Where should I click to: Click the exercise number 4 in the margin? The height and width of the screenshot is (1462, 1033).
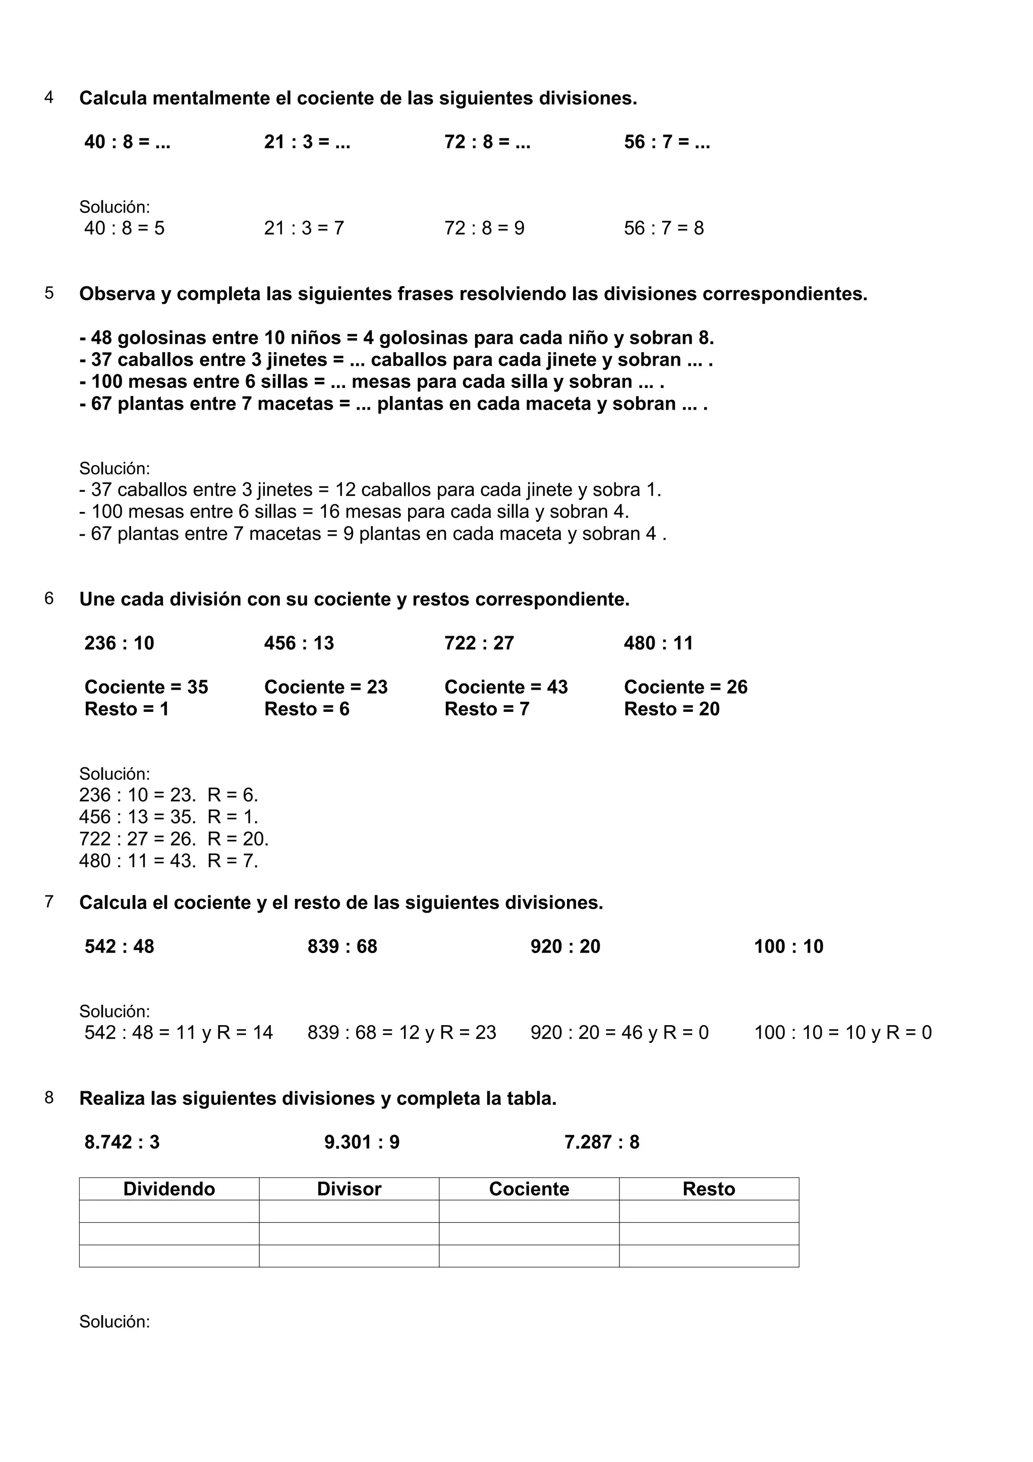tap(49, 97)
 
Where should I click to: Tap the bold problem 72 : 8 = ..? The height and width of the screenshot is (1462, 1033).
tap(487, 142)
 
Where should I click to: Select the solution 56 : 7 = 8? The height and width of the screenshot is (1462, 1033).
tap(664, 228)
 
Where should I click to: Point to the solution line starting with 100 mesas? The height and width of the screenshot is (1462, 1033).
tap(354, 512)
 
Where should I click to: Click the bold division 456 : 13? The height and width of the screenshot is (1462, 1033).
tap(299, 643)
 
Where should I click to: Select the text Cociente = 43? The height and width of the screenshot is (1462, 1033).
tap(506, 687)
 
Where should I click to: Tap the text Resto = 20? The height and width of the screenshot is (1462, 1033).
tap(671, 709)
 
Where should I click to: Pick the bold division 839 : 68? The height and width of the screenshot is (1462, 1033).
tap(342, 946)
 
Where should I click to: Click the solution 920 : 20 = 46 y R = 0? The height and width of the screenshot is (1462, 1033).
tap(619, 1032)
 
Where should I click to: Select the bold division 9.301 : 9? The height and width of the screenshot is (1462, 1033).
tap(362, 1142)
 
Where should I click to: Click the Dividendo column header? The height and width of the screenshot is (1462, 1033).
tap(169, 1189)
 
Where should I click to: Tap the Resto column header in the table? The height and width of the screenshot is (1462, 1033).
tap(708, 1189)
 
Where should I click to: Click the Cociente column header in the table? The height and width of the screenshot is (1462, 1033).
tap(529, 1189)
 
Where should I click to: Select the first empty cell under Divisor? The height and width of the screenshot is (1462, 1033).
tap(349, 1211)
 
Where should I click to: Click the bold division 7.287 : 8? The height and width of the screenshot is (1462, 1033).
tap(601, 1142)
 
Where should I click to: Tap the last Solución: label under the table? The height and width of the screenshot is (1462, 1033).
tap(114, 1321)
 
